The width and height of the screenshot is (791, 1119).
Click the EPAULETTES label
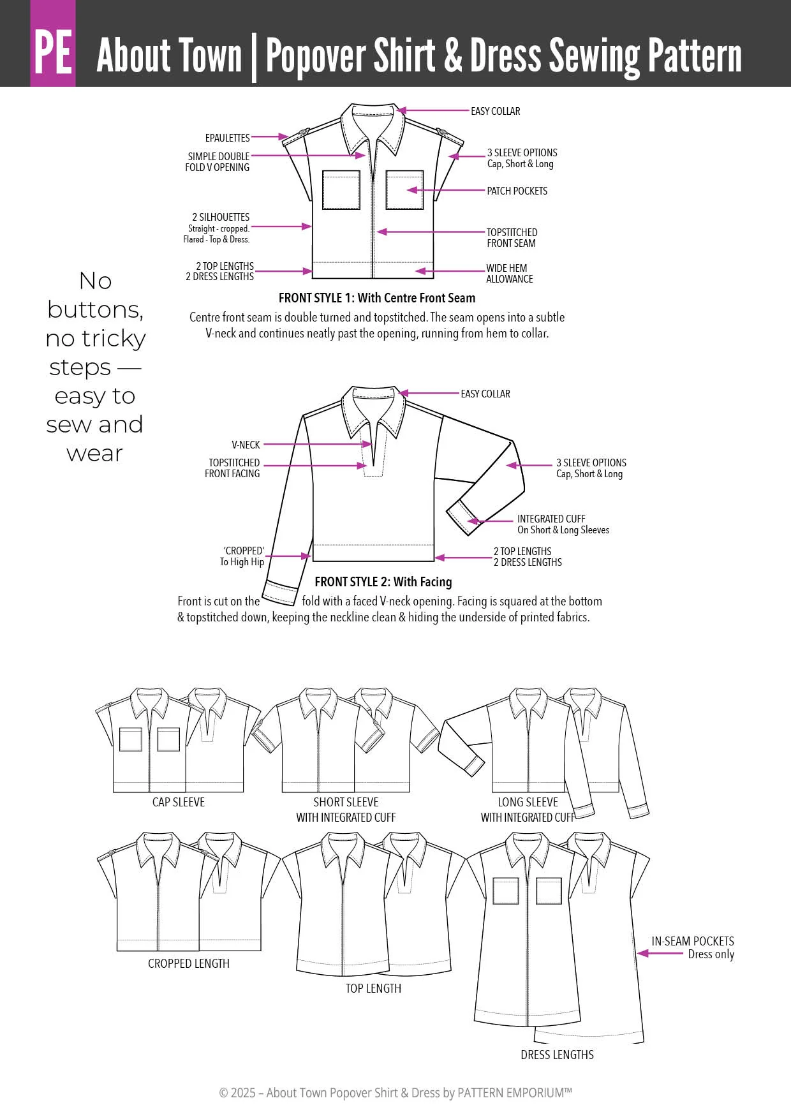[x=227, y=138]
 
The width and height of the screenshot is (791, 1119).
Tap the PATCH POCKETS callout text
[x=517, y=191]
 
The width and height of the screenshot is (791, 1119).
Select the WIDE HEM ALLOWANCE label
[x=509, y=274]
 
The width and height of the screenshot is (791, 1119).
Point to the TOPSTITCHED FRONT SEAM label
[x=512, y=237]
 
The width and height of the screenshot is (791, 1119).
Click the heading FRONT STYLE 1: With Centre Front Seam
[x=376, y=298]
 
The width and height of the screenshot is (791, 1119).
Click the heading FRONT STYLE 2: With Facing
[x=383, y=582]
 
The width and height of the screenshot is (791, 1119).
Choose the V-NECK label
[x=246, y=445]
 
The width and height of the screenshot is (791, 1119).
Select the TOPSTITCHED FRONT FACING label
[x=233, y=468]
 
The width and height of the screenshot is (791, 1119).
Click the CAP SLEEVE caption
[x=178, y=802]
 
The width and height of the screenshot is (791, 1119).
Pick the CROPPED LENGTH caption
[x=188, y=963]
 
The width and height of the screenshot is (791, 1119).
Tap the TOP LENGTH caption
[x=373, y=988]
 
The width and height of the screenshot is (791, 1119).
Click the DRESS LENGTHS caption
[x=557, y=1055]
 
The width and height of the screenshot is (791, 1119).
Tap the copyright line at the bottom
[x=395, y=1092]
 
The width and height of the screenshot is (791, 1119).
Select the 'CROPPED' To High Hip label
[x=242, y=556]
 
